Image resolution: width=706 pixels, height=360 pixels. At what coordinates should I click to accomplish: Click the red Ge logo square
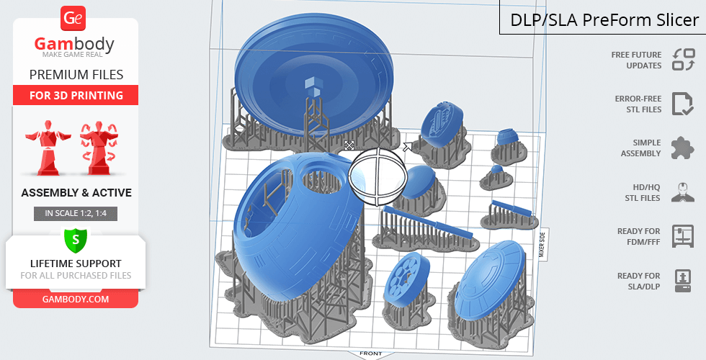click(x=73, y=19)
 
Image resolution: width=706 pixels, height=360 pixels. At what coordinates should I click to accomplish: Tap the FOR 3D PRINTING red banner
click(x=76, y=95)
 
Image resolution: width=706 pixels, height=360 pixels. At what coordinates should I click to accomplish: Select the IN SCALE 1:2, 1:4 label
click(x=76, y=213)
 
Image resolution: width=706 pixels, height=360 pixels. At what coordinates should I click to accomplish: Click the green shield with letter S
click(x=76, y=239)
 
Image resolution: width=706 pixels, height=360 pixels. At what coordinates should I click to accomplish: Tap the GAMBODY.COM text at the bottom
click(x=76, y=300)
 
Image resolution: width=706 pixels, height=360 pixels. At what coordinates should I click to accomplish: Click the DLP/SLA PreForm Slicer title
click(x=604, y=20)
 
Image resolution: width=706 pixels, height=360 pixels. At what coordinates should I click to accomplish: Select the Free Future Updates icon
click(x=684, y=59)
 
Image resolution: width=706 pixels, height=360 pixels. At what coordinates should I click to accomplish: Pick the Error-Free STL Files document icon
click(x=683, y=104)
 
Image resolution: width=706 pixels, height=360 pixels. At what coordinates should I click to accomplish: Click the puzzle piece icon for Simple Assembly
click(x=683, y=148)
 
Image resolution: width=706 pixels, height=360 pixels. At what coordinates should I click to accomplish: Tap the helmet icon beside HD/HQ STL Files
click(x=683, y=192)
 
